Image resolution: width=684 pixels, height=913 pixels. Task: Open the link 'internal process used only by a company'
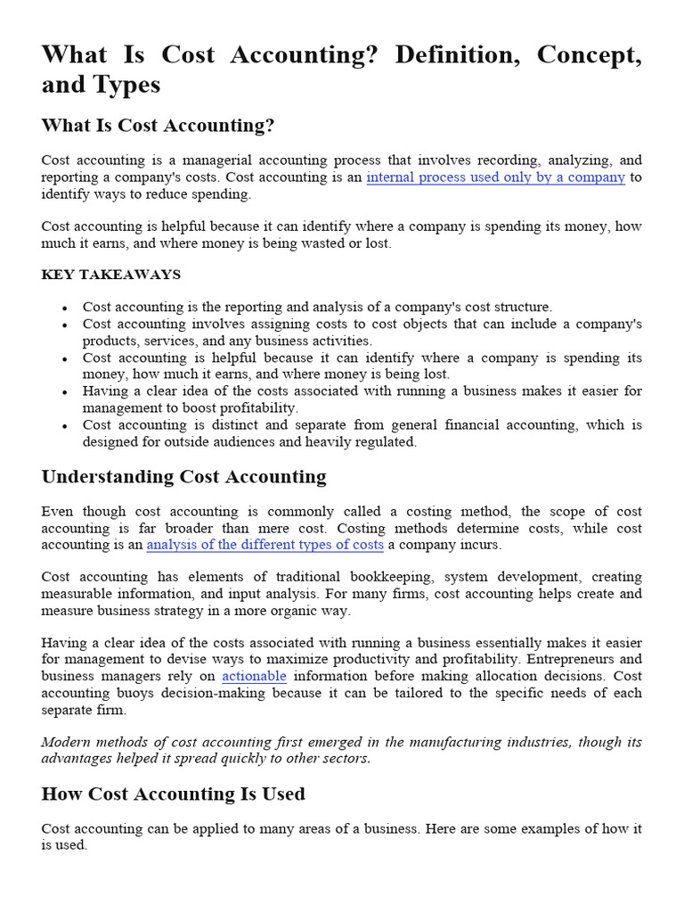coord(495,177)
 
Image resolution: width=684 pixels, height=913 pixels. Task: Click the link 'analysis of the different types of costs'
coord(265,544)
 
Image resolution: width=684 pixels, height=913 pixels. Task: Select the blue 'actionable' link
coord(254,677)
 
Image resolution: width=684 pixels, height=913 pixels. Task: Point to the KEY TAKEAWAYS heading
coord(110,275)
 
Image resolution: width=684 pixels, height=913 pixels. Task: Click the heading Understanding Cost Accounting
coord(183,477)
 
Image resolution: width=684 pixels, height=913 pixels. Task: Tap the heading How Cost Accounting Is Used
coord(173,794)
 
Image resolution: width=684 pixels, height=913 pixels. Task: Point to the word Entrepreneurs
coord(548,660)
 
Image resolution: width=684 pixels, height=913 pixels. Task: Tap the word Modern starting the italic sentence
coord(67,743)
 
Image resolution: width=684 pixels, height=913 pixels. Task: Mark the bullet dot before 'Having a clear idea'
coord(65,392)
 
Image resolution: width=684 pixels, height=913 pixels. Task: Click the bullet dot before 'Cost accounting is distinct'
coord(65,426)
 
